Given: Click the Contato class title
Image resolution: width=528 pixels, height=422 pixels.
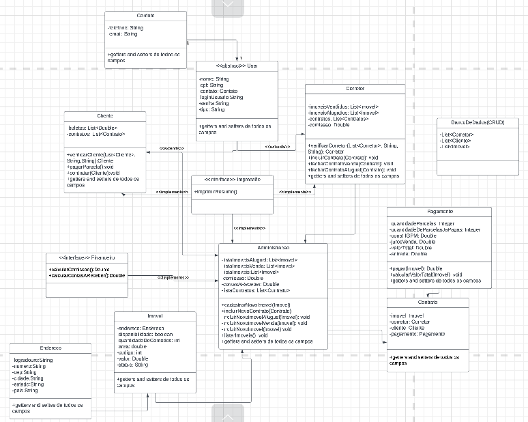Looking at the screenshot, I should (145, 15).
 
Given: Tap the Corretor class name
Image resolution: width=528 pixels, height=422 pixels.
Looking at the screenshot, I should (355, 89).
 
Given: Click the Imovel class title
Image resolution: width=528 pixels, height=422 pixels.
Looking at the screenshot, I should (154, 316).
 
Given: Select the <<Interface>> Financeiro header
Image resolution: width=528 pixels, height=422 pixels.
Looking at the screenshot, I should (87, 258).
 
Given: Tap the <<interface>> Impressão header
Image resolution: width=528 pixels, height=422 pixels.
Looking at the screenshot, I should (232, 180).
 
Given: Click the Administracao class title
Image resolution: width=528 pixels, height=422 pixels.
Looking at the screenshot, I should (272, 248).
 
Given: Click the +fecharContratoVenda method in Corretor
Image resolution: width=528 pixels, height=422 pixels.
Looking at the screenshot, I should (351, 164).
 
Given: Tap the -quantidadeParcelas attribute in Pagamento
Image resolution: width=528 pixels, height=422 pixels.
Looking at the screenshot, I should (422, 223).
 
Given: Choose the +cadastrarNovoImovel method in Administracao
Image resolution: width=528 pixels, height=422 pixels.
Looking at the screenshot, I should (256, 305).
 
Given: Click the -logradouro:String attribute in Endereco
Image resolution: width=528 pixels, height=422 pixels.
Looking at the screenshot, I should (33, 359).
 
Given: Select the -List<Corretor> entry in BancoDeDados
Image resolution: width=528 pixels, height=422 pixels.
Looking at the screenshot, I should (457, 135).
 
